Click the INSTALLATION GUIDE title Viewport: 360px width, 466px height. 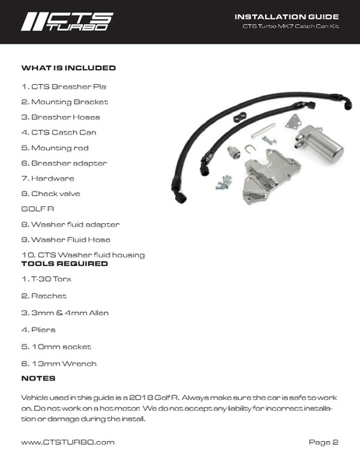(286, 16)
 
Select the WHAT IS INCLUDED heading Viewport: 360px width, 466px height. (68, 68)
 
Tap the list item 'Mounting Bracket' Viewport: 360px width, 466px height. (64, 102)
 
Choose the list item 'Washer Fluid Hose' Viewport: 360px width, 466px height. (65, 239)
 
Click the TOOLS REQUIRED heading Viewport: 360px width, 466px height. (65, 265)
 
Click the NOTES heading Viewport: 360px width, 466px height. (38, 378)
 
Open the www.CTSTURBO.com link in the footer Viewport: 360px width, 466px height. (68, 442)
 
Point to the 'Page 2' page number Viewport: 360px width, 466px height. (323, 442)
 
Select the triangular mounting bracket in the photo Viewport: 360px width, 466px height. (294, 125)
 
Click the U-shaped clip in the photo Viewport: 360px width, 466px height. (250, 149)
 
